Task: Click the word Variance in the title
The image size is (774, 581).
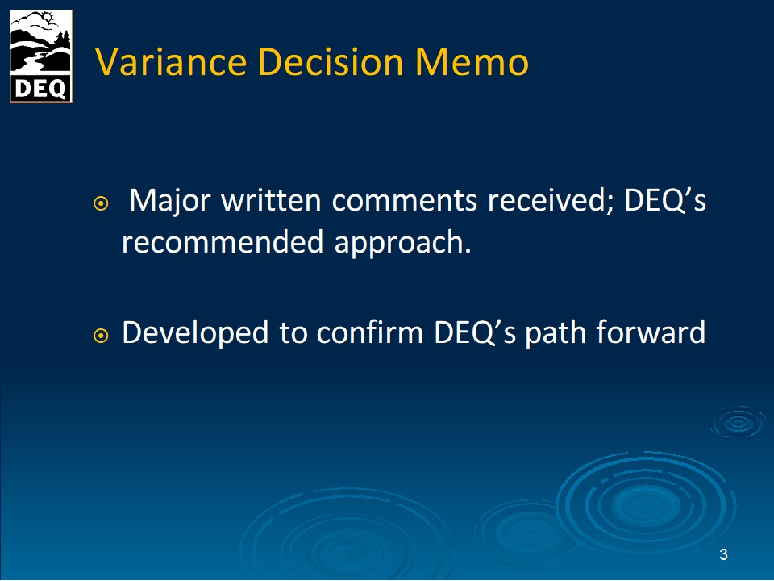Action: (170, 62)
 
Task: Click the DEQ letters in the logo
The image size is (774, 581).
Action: (40, 89)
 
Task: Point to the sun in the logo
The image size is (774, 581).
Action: (48, 19)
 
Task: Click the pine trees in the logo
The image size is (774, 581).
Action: (63, 40)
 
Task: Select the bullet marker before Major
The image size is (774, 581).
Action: (101, 203)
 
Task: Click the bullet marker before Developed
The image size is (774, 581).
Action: (101, 336)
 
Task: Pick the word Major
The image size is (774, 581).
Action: (169, 201)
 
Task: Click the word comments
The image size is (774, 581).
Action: (404, 201)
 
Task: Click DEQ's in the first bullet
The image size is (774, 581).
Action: (665, 200)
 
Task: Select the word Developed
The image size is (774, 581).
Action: (195, 333)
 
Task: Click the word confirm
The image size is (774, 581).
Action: (370, 332)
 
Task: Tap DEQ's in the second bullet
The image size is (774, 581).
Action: (474, 332)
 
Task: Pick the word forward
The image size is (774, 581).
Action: (651, 332)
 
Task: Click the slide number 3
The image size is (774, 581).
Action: (723, 555)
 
